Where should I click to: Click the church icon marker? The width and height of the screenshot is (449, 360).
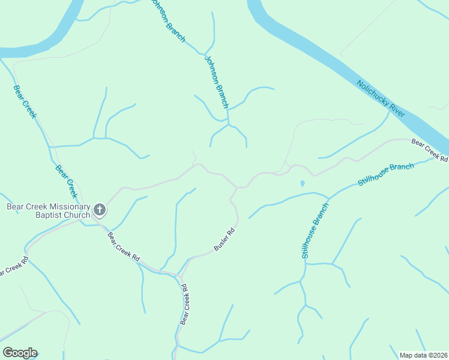coord(100,210)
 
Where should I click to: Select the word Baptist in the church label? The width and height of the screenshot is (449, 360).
coord(23,215)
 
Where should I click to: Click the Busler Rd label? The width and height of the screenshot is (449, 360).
coord(224,240)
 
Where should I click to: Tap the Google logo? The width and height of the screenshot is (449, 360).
coord(20,353)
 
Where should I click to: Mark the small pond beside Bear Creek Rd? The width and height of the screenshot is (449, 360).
coord(302,183)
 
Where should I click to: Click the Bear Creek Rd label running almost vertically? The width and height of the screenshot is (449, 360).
coord(185,305)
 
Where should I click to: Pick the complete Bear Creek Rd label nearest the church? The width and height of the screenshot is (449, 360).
coord(124,246)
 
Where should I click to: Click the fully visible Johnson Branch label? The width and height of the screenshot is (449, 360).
coord(217,82)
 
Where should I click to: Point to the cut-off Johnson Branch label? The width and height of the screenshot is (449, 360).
coord(168,20)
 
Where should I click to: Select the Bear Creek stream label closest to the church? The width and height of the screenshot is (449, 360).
coord(66,181)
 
